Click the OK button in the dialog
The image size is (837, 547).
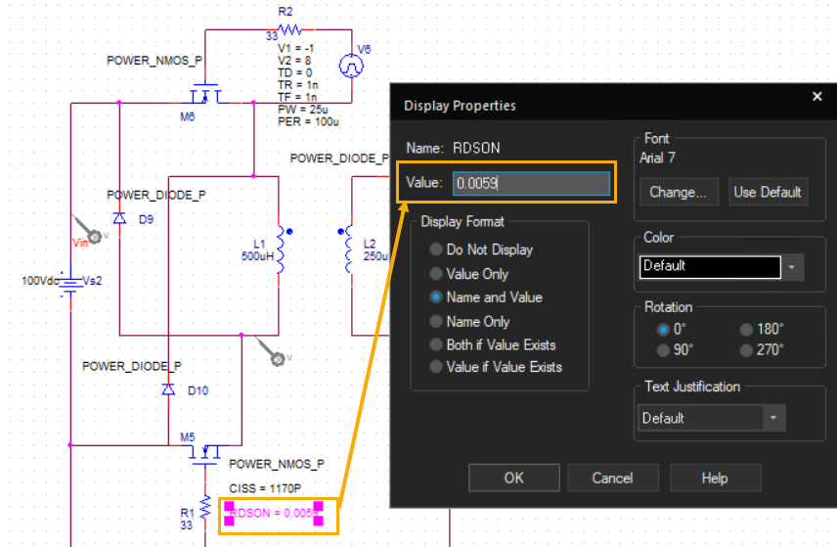click(x=514, y=478)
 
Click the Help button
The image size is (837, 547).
click(x=715, y=478)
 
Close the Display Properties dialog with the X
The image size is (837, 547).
click(x=816, y=96)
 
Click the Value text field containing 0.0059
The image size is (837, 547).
click(x=531, y=183)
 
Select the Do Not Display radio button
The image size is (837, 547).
click(x=436, y=250)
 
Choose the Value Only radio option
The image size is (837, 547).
click(x=436, y=274)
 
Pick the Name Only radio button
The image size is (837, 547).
click(x=436, y=321)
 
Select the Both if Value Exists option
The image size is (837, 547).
click(x=436, y=344)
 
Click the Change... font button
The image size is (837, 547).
click(x=679, y=192)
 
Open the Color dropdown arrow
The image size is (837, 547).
click(x=792, y=267)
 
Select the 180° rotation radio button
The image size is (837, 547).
click(x=746, y=330)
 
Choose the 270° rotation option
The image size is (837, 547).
click(x=746, y=350)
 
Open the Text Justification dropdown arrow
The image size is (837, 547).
click(x=773, y=418)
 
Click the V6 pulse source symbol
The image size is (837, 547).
click(x=351, y=67)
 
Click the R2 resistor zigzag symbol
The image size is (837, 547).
click(x=289, y=29)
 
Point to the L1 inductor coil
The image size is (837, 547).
click(x=280, y=250)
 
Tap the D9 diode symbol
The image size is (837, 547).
click(x=119, y=218)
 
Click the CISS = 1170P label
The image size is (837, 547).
click(x=265, y=488)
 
